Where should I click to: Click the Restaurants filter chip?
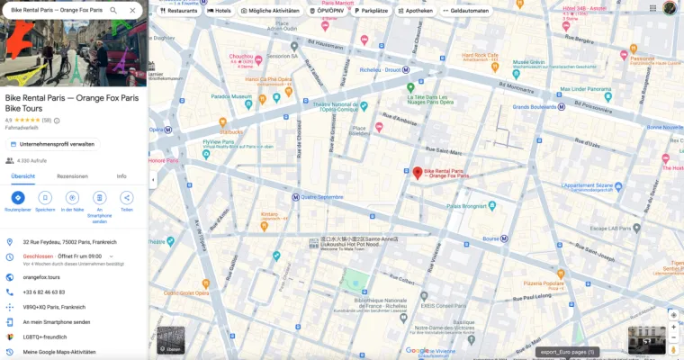pos(178,11)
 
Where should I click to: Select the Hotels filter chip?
pos(219,11)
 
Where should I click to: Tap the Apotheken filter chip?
pos(414,11)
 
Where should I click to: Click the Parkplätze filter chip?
pos(369,11)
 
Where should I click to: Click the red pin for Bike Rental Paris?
pos(417,172)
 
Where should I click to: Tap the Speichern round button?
pos(45,197)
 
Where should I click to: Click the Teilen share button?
pos(126,197)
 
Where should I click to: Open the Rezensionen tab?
pos(72,176)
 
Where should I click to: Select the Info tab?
pos(121,176)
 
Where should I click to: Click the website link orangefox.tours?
pos(41,277)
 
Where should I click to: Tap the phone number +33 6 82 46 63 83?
pos(44,292)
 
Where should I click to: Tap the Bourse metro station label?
pos(490,238)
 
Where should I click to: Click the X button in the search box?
pos(132,10)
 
